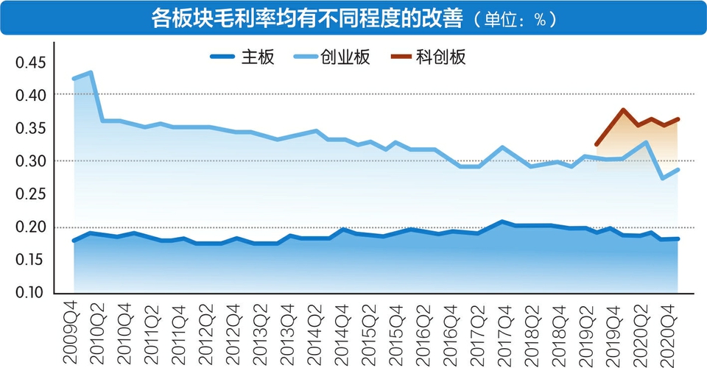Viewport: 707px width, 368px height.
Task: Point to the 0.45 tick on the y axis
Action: click(x=31, y=63)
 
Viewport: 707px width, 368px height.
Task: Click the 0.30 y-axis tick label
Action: click(x=31, y=161)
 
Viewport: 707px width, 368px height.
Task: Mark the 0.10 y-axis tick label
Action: click(x=31, y=293)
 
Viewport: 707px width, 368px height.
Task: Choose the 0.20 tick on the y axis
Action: click(x=31, y=227)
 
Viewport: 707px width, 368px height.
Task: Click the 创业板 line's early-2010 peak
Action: click(x=90, y=72)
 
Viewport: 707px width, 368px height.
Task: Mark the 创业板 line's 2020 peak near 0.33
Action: click(x=646, y=142)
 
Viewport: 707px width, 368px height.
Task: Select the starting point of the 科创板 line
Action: click(x=596, y=144)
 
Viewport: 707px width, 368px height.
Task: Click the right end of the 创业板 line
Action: click(x=678, y=169)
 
